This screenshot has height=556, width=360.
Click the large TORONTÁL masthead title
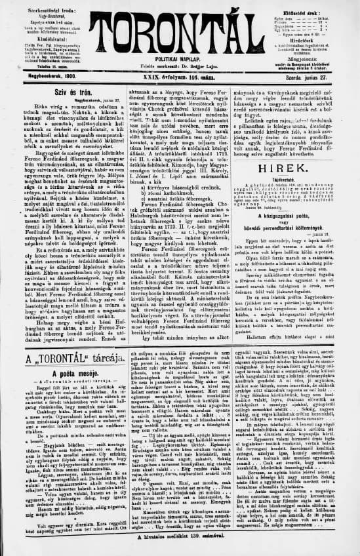180,29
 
